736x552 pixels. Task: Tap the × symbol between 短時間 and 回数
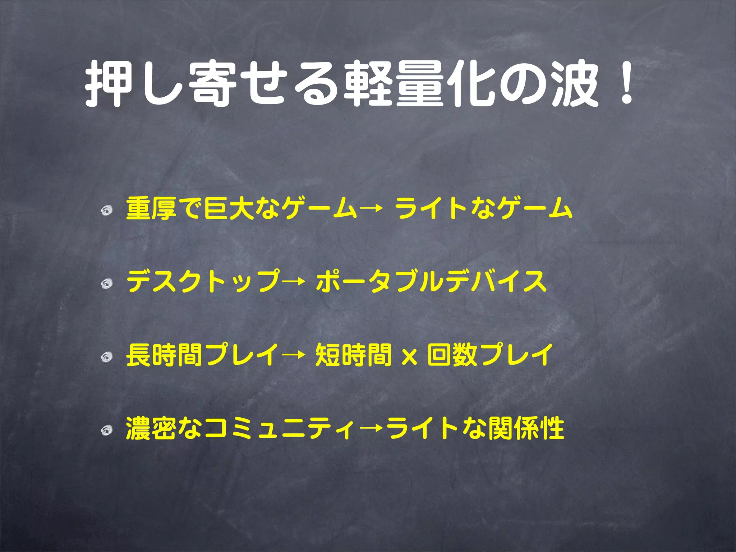409,357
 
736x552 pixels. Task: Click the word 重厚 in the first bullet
151,208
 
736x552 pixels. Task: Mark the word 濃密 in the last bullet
151,428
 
